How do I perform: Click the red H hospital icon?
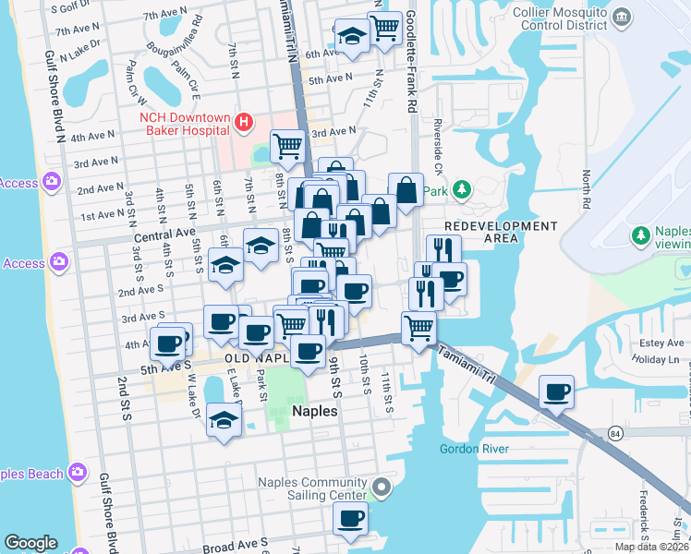(x=244, y=121)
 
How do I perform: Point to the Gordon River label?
(x=474, y=449)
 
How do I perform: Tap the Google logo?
(x=31, y=543)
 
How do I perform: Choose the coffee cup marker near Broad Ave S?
(x=350, y=518)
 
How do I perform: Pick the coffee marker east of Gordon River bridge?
(x=557, y=391)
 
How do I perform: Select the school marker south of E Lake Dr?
(x=224, y=419)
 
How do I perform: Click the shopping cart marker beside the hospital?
(x=287, y=145)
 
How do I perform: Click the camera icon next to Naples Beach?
(x=77, y=474)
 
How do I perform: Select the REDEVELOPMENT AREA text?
(x=500, y=232)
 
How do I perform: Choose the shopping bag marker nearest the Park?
(x=405, y=190)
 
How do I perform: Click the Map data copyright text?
(x=649, y=547)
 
